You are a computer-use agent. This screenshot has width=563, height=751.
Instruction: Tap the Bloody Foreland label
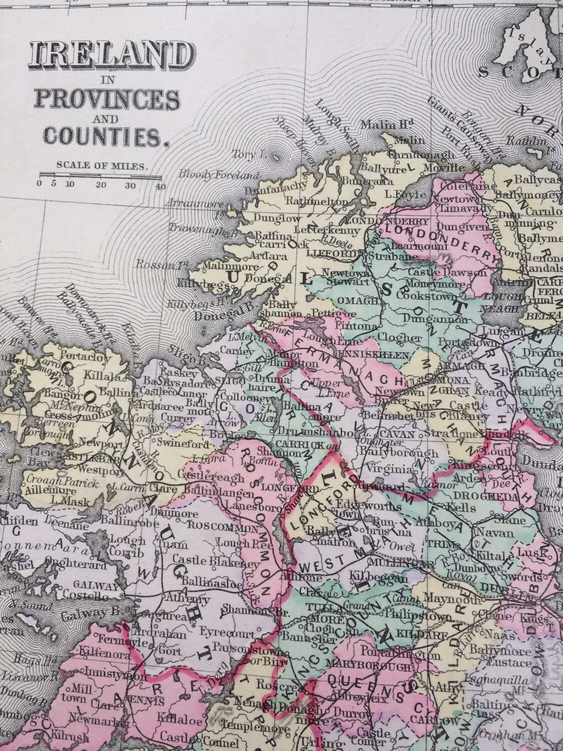click(219, 175)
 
